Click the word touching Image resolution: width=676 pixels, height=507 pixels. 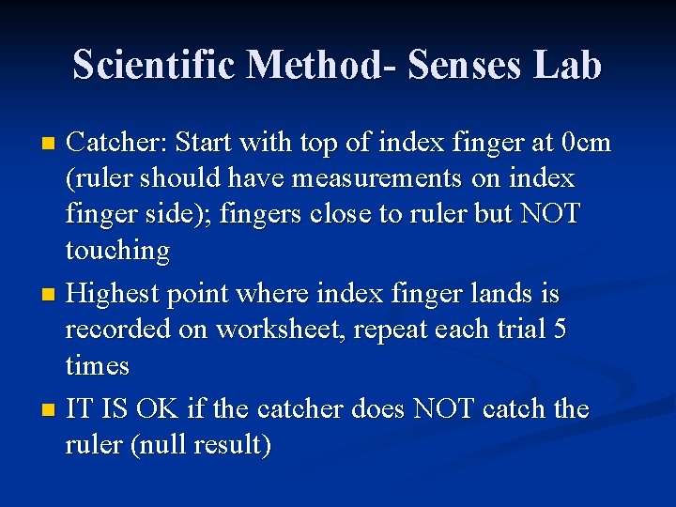click(117, 251)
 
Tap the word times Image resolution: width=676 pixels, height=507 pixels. click(98, 365)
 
